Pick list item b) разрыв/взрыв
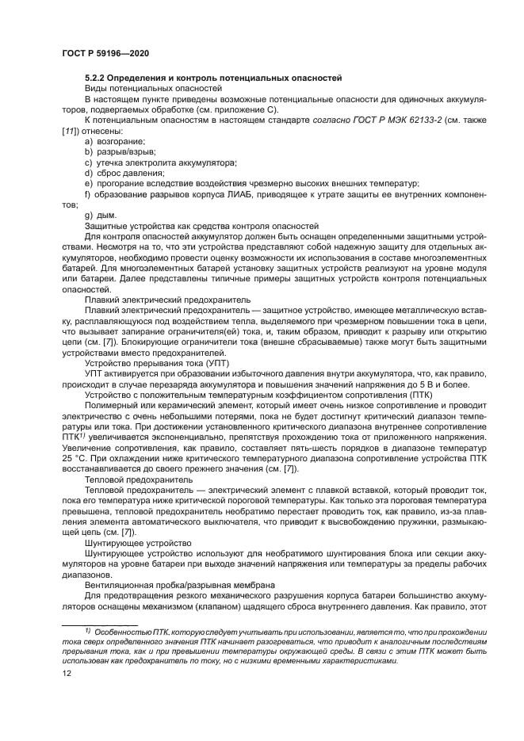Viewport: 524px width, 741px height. pyautogui.click(x=119, y=151)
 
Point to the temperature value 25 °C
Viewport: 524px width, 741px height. pyautogui.click(x=74, y=459)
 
